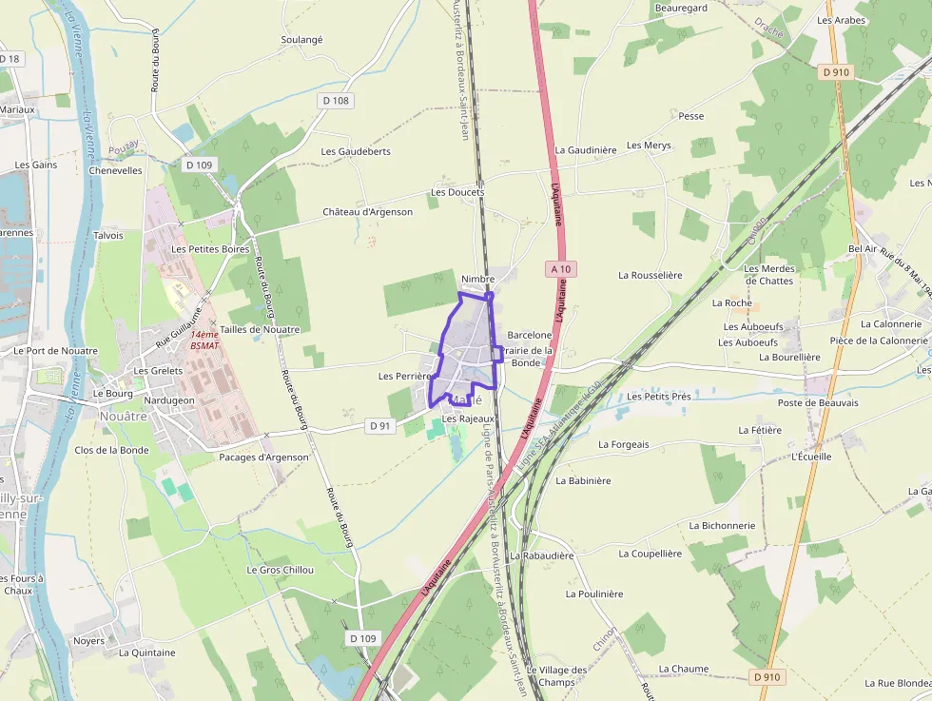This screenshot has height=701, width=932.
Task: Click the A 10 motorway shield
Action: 561,269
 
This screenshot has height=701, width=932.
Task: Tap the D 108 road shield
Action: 335,100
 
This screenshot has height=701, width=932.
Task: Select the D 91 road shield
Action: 379,426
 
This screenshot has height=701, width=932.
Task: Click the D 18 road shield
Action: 10,59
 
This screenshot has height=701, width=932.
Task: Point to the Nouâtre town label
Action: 124,416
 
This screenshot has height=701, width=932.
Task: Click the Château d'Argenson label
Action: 367,212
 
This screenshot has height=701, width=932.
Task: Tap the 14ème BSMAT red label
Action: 204,340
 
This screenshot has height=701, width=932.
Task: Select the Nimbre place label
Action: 478,279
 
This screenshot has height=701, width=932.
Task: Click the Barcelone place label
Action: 530,335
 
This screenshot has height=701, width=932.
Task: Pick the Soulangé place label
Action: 301,40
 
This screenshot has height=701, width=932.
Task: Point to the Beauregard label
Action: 681,8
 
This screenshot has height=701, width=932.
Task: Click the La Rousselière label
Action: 650,275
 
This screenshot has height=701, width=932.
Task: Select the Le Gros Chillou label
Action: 280,570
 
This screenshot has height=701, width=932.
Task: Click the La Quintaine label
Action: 147,652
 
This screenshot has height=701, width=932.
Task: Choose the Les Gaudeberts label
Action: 356,151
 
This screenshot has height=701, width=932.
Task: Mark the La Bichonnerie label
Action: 722,525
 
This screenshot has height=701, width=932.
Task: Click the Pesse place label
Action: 691,116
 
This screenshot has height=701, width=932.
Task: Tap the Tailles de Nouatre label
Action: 260,329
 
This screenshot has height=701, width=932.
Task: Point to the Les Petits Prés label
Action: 659,396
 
